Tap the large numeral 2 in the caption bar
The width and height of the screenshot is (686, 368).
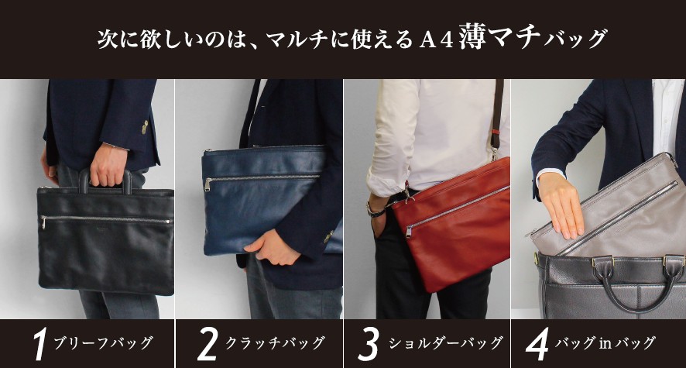pos(208,346)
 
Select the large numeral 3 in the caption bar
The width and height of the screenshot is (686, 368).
pos(368,346)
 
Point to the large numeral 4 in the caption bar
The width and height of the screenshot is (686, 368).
pos(537,346)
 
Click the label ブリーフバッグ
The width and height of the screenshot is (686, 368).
pos(103,343)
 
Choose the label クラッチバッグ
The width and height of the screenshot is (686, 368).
pos(275,343)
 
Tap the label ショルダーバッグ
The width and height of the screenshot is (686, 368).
pos(446,343)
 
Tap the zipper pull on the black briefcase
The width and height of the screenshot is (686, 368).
pos(43,222)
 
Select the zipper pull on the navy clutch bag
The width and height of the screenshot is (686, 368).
pos(208,184)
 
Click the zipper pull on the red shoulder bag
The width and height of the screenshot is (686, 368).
pos(409,231)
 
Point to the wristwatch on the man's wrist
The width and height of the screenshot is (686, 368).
pos(375,211)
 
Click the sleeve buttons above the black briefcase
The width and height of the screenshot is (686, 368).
pos(145,127)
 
